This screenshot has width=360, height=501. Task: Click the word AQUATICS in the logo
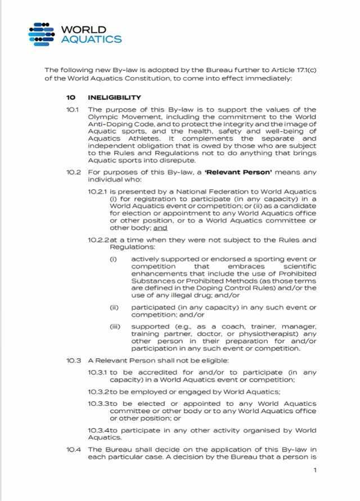(x=91, y=39)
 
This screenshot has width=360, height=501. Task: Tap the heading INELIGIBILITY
(x=114, y=97)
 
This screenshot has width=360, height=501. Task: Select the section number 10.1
(x=74, y=109)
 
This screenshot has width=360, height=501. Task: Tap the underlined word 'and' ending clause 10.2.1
(x=160, y=228)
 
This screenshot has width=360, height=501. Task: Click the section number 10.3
(x=74, y=360)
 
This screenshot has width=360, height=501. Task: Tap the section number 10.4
(x=74, y=449)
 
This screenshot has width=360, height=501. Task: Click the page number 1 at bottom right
(x=315, y=470)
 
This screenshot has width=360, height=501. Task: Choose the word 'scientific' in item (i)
(x=300, y=266)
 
